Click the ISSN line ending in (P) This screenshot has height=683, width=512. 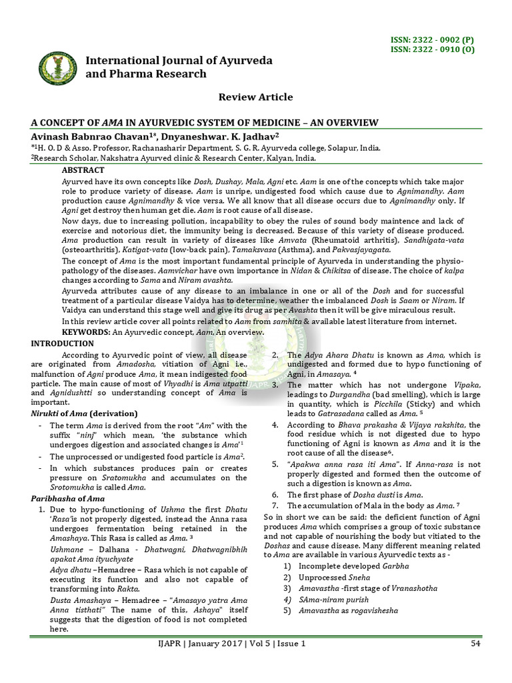coord(432,41)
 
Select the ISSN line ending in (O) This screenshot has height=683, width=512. coord(432,49)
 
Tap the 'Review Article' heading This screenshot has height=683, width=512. coord(256,97)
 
